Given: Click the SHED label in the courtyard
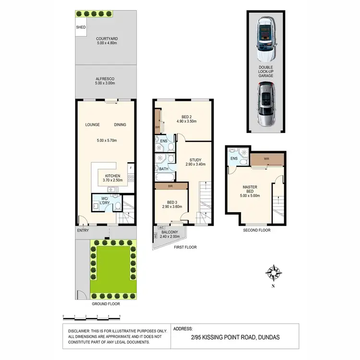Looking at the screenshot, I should pos(81,27).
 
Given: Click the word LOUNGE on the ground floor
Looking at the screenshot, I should pos(92,125).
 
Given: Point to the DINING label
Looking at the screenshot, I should pos(120,125).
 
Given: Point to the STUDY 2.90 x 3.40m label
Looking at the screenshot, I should pos(195,162).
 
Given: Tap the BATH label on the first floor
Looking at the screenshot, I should pos(163,169).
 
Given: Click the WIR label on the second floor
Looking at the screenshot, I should pos(267,158).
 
